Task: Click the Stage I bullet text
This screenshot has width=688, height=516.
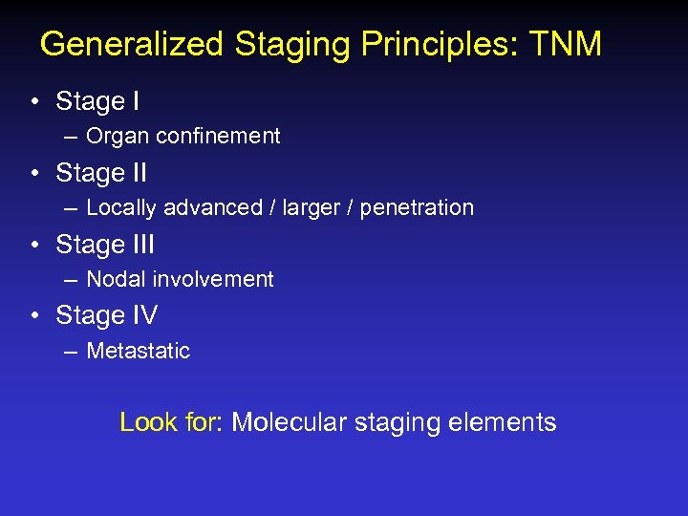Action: (x=97, y=101)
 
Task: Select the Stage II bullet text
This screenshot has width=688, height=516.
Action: (x=100, y=173)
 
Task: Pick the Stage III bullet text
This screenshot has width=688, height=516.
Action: (x=104, y=245)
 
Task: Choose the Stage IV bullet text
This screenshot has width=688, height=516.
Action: (x=106, y=315)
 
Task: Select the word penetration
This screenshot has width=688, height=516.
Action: (x=420, y=208)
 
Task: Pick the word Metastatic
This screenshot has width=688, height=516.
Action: (x=138, y=351)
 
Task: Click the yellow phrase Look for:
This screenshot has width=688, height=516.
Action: (x=170, y=422)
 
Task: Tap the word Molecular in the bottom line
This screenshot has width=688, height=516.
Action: (x=290, y=422)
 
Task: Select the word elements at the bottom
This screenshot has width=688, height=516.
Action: (x=507, y=422)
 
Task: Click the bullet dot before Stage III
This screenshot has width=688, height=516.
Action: (x=34, y=246)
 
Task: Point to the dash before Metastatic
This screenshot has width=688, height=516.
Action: (x=71, y=352)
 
